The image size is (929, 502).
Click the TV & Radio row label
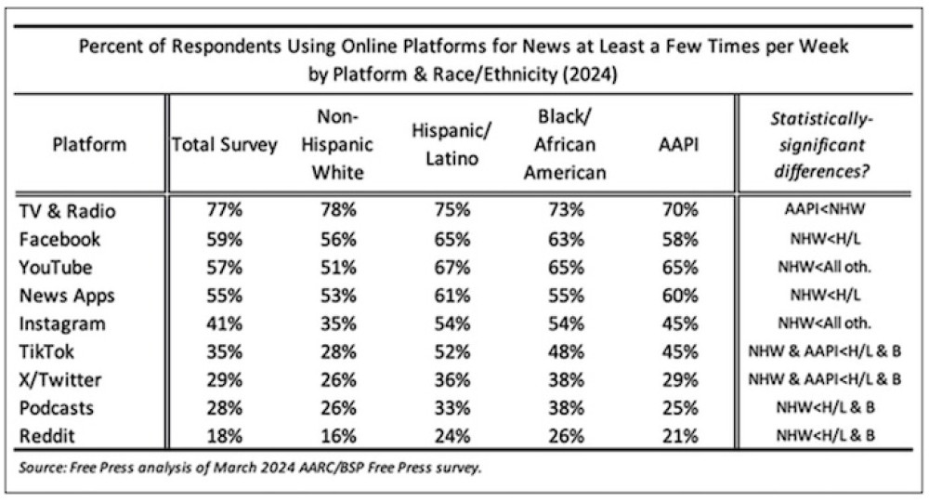coord(69,211)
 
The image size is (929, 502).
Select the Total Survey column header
coord(224,145)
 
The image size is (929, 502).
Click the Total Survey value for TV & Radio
coord(224,211)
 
